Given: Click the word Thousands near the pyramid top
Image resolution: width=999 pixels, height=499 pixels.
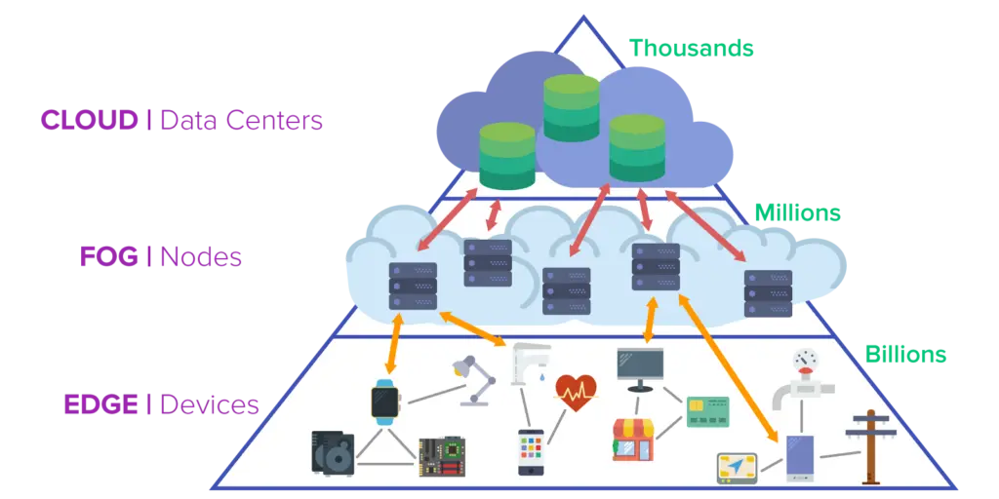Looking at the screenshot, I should click(x=691, y=47).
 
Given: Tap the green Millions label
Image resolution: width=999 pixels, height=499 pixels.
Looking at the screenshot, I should click(x=797, y=212).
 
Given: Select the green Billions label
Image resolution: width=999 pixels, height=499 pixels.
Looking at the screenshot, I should click(x=906, y=354).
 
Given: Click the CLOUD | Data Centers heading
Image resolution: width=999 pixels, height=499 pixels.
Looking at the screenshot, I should click(x=182, y=121).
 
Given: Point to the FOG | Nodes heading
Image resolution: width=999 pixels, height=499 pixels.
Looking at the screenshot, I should click(x=159, y=258).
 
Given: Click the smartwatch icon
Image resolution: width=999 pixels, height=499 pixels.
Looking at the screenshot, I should click(x=385, y=402).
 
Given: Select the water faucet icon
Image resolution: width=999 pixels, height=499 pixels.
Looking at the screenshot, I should click(x=530, y=365).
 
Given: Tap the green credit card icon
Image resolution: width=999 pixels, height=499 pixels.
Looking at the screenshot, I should click(x=707, y=411).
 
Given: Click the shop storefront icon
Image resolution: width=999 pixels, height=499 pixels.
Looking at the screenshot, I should click(x=632, y=440).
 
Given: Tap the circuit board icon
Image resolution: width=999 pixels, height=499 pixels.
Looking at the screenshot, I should click(x=441, y=455).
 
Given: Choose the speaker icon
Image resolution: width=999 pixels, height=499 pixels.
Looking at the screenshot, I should click(x=333, y=452).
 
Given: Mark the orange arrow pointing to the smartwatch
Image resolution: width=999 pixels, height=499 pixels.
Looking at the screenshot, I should click(x=394, y=342).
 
